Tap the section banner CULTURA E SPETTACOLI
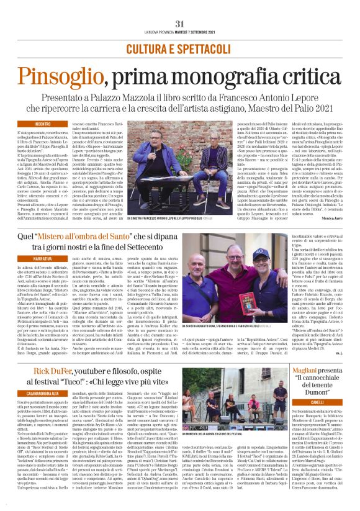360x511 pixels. coord(179,48)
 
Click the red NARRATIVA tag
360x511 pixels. coord(27,256)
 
